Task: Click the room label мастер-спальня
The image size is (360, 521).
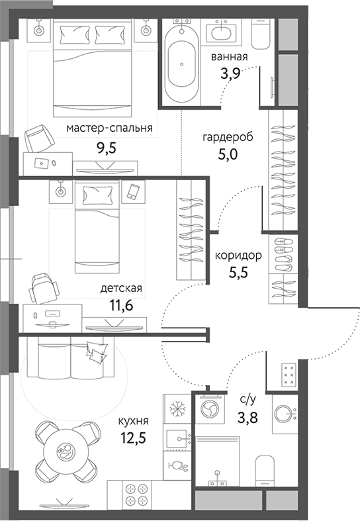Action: pyautogui.click(x=109, y=128)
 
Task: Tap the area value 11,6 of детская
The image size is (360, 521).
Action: pyautogui.click(x=121, y=305)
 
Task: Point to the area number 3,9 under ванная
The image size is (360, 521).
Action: pyautogui.click(x=230, y=72)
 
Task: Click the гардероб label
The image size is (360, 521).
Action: pyautogui.click(x=228, y=137)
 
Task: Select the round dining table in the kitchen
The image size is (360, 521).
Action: pyautogui.click(x=67, y=452)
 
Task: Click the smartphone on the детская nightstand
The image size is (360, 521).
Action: pyautogui.click(x=133, y=192)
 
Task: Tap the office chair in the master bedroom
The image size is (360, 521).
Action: pyautogui.click(x=39, y=138)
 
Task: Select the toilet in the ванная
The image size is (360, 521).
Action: pyautogui.click(x=260, y=34)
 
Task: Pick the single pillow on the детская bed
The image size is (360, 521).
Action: pyautogui.click(x=97, y=195)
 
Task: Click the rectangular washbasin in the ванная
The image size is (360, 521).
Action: pyautogui.click(x=221, y=32)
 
